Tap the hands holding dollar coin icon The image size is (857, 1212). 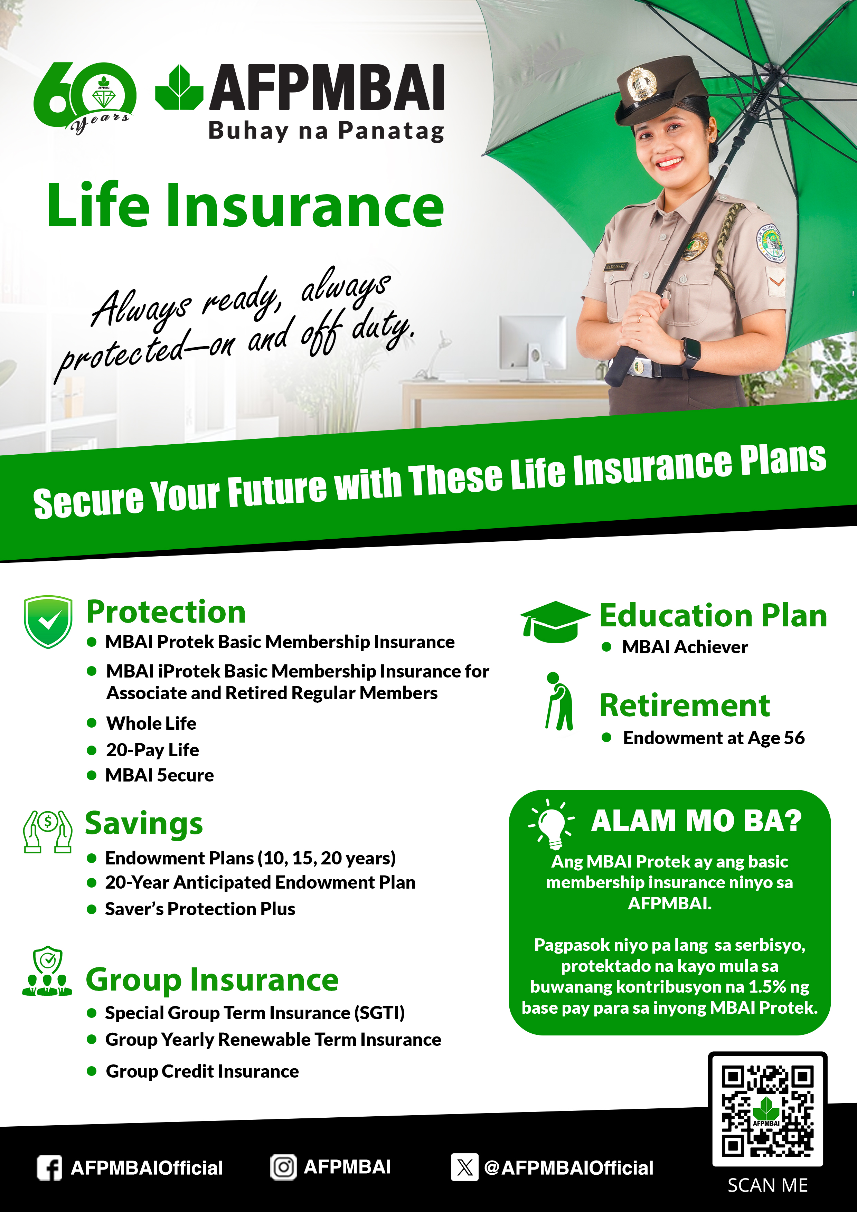tap(48, 831)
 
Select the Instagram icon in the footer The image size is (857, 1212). tap(284, 1167)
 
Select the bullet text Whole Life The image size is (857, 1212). tap(151, 723)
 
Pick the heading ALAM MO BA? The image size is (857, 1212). tap(696, 821)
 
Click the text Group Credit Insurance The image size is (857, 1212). tap(202, 1071)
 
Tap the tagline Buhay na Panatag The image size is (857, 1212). tap(326, 131)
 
